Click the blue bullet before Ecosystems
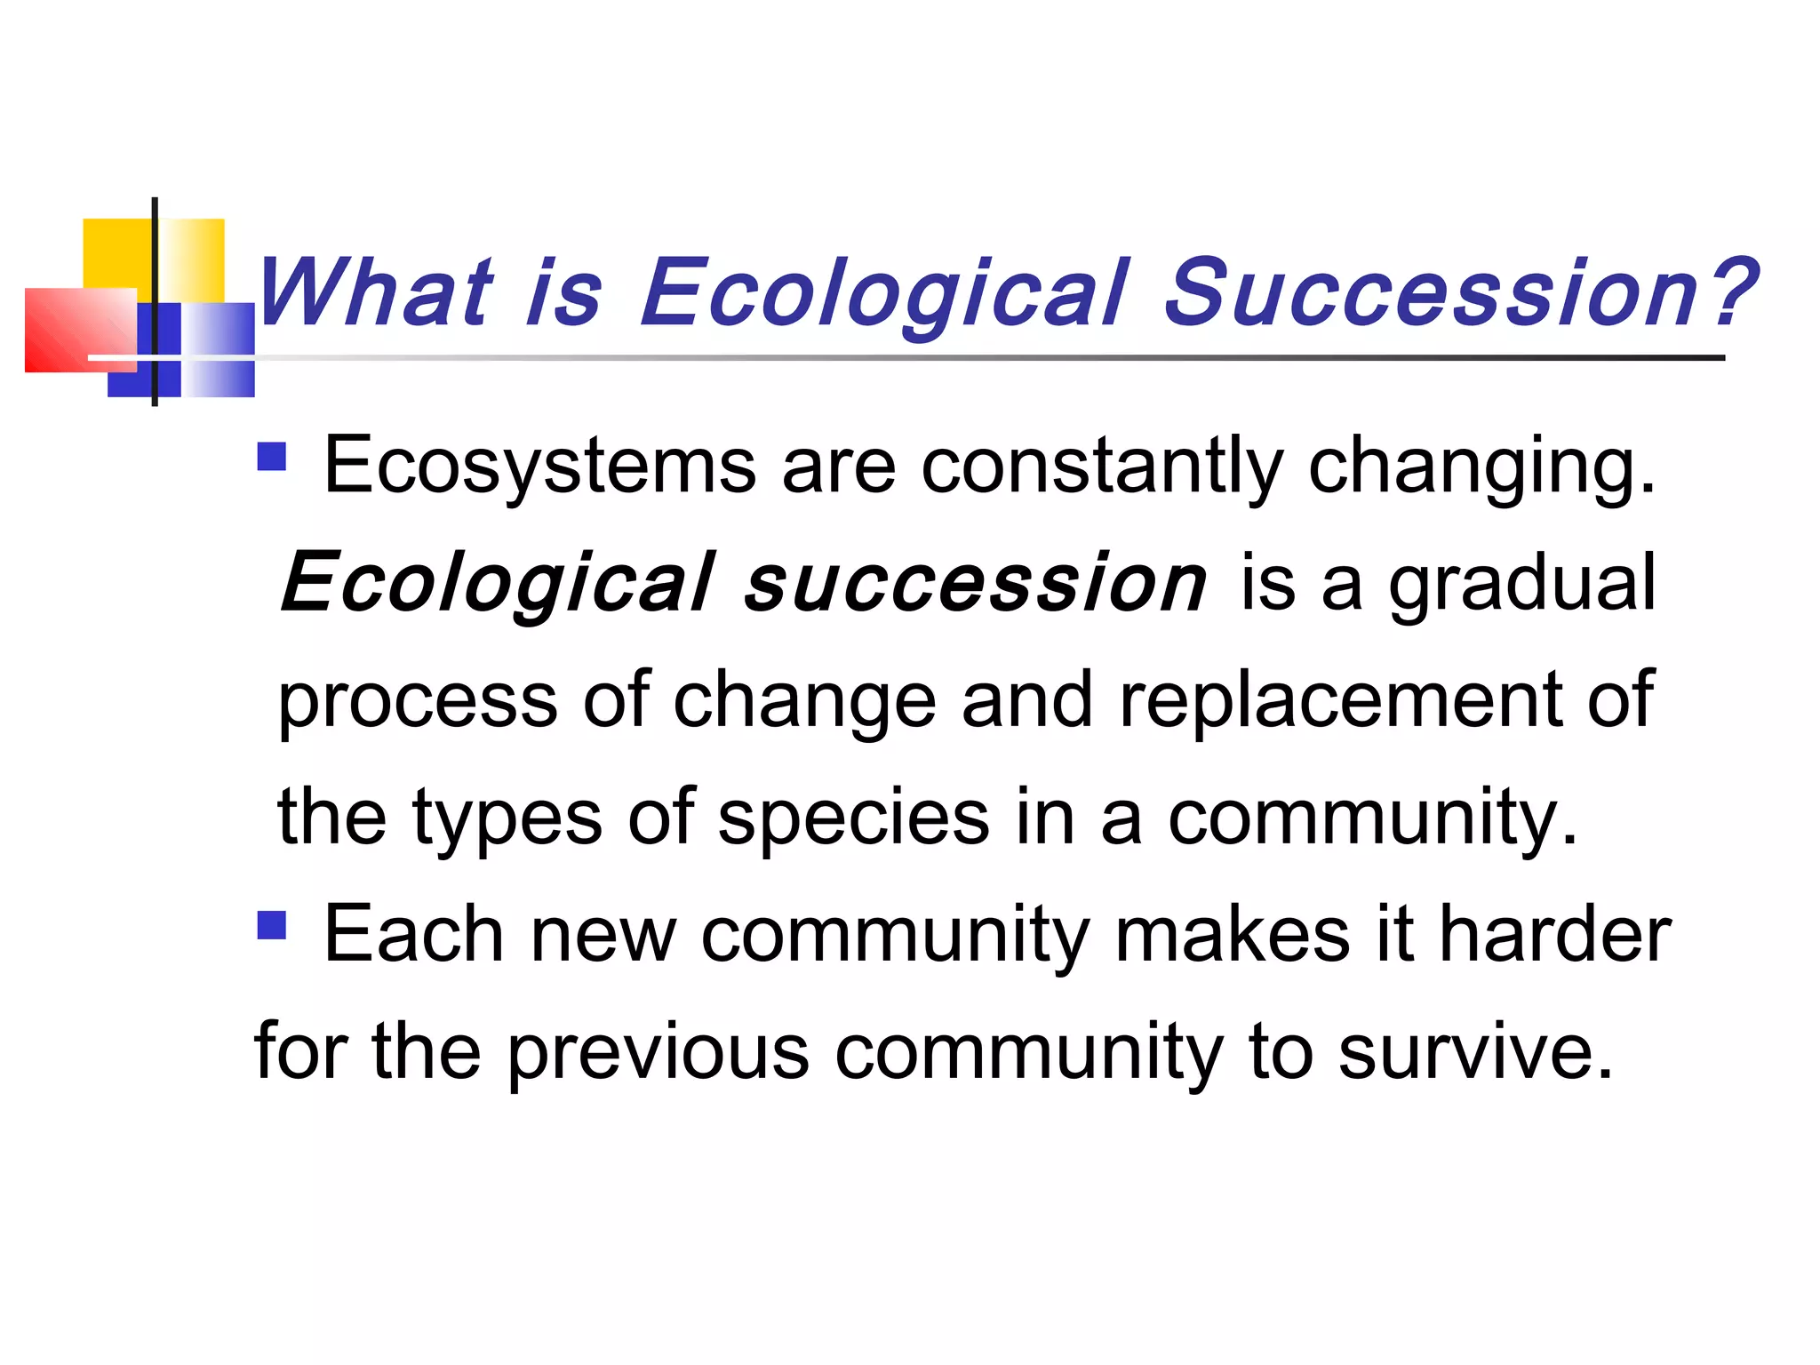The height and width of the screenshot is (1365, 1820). click(x=272, y=457)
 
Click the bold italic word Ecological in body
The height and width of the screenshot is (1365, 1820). click(x=498, y=584)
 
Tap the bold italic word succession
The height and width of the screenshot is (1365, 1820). click(x=975, y=584)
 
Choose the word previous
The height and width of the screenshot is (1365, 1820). click(x=659, y=1052)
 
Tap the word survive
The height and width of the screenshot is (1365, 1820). click(x=1475, y=1052)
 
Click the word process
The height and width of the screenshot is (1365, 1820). click(x=418, y=701)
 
